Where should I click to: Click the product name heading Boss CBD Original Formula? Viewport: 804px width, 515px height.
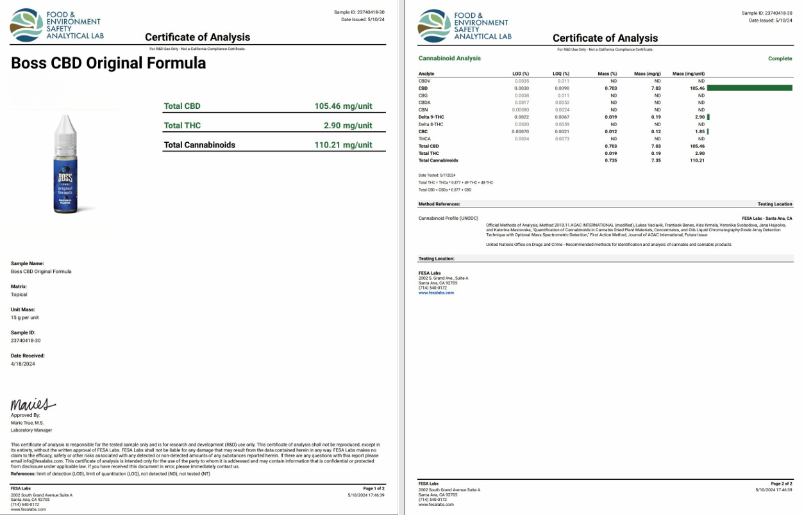coord(108,63)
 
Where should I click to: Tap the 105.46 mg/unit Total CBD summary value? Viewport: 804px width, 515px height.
coord(343,106)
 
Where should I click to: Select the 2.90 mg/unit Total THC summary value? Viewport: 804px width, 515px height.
coord(348,126)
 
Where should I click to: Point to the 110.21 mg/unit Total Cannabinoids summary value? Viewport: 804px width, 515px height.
coord(343,145)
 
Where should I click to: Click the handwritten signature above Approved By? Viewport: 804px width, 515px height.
coord(32,405)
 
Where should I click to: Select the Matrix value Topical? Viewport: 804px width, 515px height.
coord(19,295)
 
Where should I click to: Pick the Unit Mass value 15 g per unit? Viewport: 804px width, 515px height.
coord(25,318)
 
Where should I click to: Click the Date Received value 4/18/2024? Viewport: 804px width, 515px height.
coord(23,364)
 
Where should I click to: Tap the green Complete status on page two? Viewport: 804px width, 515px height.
coord(780,58)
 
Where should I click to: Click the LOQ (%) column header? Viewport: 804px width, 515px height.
coord(560,74)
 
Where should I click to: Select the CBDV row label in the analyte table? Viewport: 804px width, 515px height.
coord(424,81)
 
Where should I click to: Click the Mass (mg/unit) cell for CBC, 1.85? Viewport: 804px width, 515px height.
coord(699,131)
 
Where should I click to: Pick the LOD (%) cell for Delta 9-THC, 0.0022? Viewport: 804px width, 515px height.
coord(521,117)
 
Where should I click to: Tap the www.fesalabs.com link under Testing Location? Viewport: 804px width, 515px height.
coord(436,293)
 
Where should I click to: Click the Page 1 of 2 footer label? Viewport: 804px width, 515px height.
coord(373,488)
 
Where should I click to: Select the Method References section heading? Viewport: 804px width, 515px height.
coord(439,204)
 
